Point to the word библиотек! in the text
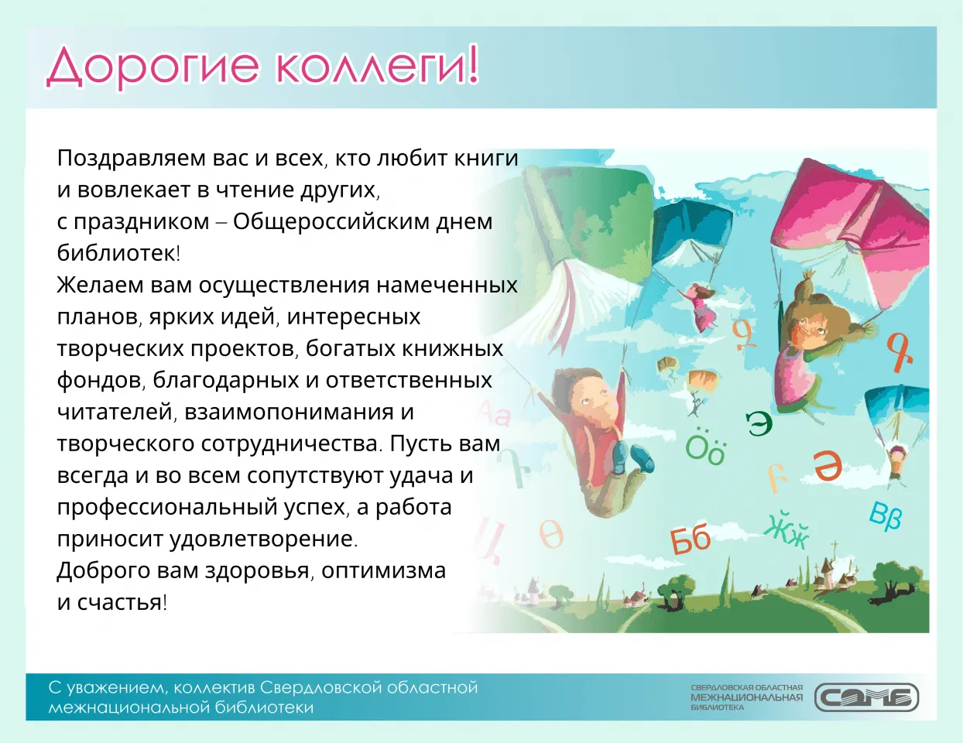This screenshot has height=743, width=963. (x=118, y=253)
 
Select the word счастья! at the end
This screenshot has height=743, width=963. (x=122, y=602)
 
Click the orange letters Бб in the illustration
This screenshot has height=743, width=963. (x=691, y=539)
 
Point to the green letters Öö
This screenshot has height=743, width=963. (x=705, y=448)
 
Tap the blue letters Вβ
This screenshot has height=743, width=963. (x=886, y=515)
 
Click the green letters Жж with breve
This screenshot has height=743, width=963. (x=787, y=530)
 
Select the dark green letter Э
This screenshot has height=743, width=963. (x=759, y=423)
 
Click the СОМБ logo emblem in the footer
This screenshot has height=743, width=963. (x=866, y=697)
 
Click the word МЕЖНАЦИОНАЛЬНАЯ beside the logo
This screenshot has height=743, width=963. (x=746, y=697)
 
